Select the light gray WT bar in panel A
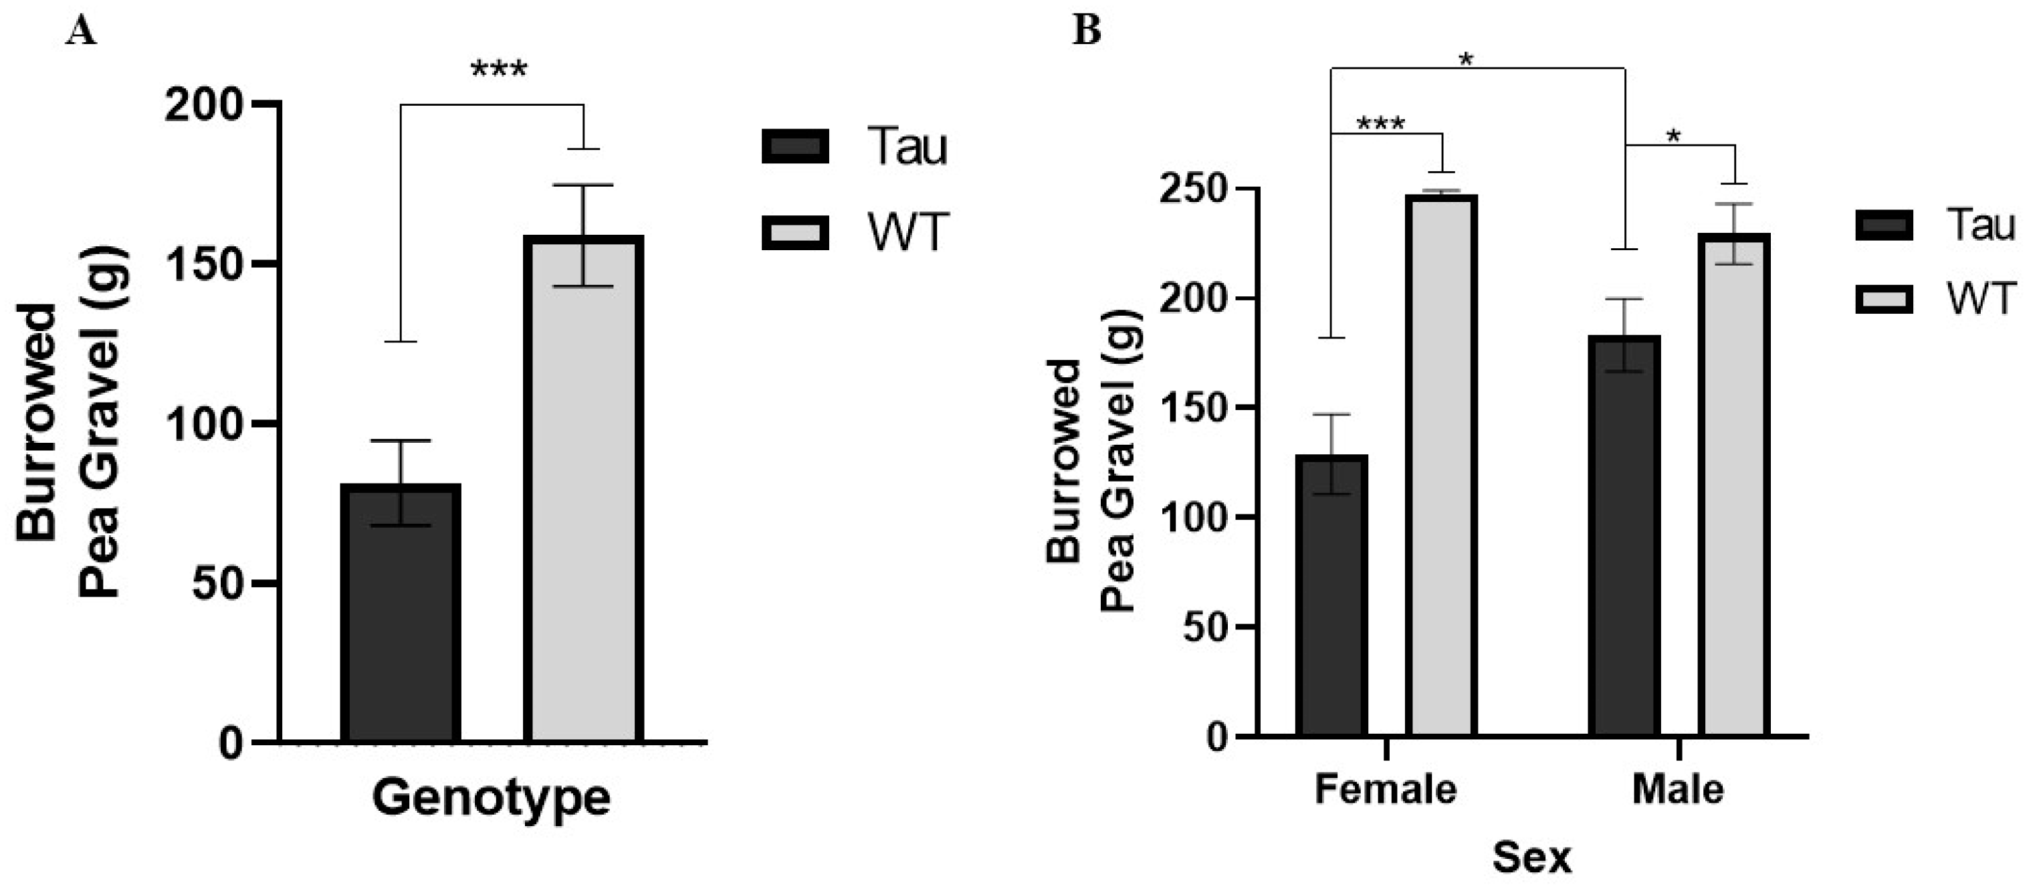(x=584, y=490)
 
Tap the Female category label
(x=1386, y=789)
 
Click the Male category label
(x=1678, y=789)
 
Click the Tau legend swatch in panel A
(x=794, y=147)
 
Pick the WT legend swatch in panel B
(x=1884, y=300)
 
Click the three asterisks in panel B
(x=1381, y=125)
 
